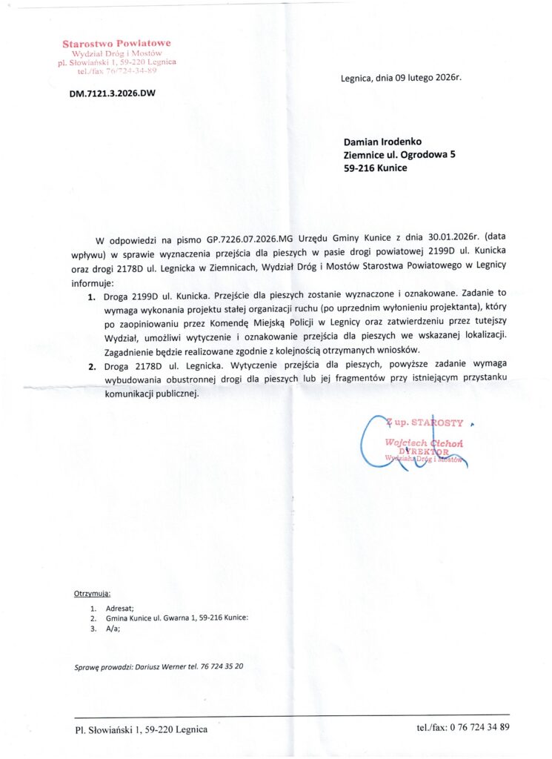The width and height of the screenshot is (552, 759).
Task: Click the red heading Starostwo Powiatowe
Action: [x=116, y=44]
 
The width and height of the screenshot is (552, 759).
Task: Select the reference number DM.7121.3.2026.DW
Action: [x=112, y=94]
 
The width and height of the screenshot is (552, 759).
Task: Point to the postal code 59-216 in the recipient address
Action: [x=358, y=168]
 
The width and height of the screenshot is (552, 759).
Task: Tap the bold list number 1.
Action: [x=92, y=296]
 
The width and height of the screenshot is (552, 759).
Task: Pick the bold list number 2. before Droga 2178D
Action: [x=92, y=365]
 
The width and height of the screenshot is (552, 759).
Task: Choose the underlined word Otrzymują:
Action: [x=92, y=594]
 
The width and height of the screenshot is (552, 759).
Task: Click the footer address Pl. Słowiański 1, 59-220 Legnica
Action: [x=141, y=729]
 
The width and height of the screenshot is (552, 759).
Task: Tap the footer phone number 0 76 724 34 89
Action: [x=478, y=728]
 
